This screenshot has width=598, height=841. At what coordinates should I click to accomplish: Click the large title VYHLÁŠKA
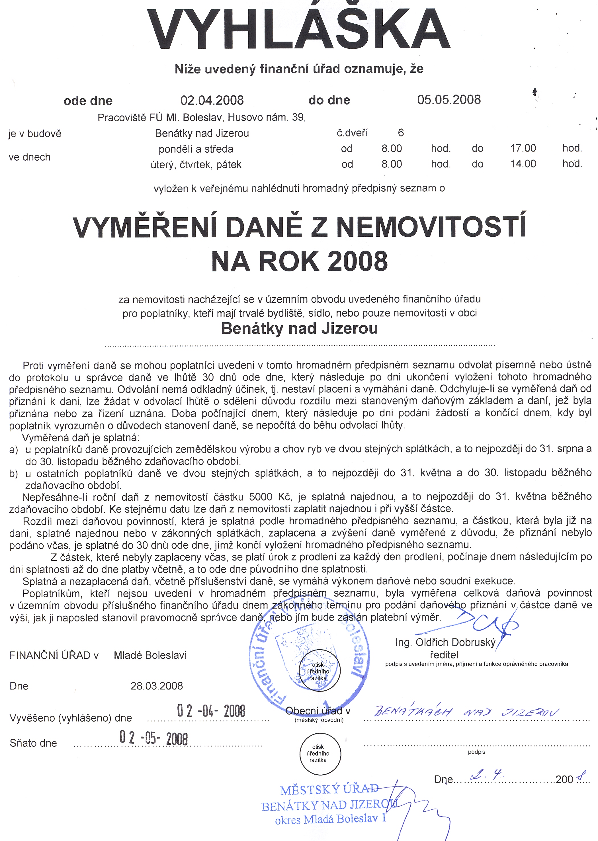coord(299,29)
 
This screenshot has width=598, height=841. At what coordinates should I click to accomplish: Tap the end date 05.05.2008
coord(448,100)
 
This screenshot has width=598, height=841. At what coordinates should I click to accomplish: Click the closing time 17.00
coord(523,148)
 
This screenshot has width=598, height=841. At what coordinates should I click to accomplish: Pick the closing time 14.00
coord(523,163)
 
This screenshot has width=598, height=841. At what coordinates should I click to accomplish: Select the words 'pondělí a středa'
coord(196,149)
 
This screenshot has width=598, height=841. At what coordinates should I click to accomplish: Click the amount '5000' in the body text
coord(261,497)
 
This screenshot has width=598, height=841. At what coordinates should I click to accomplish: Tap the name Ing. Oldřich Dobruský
coord(445,642)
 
